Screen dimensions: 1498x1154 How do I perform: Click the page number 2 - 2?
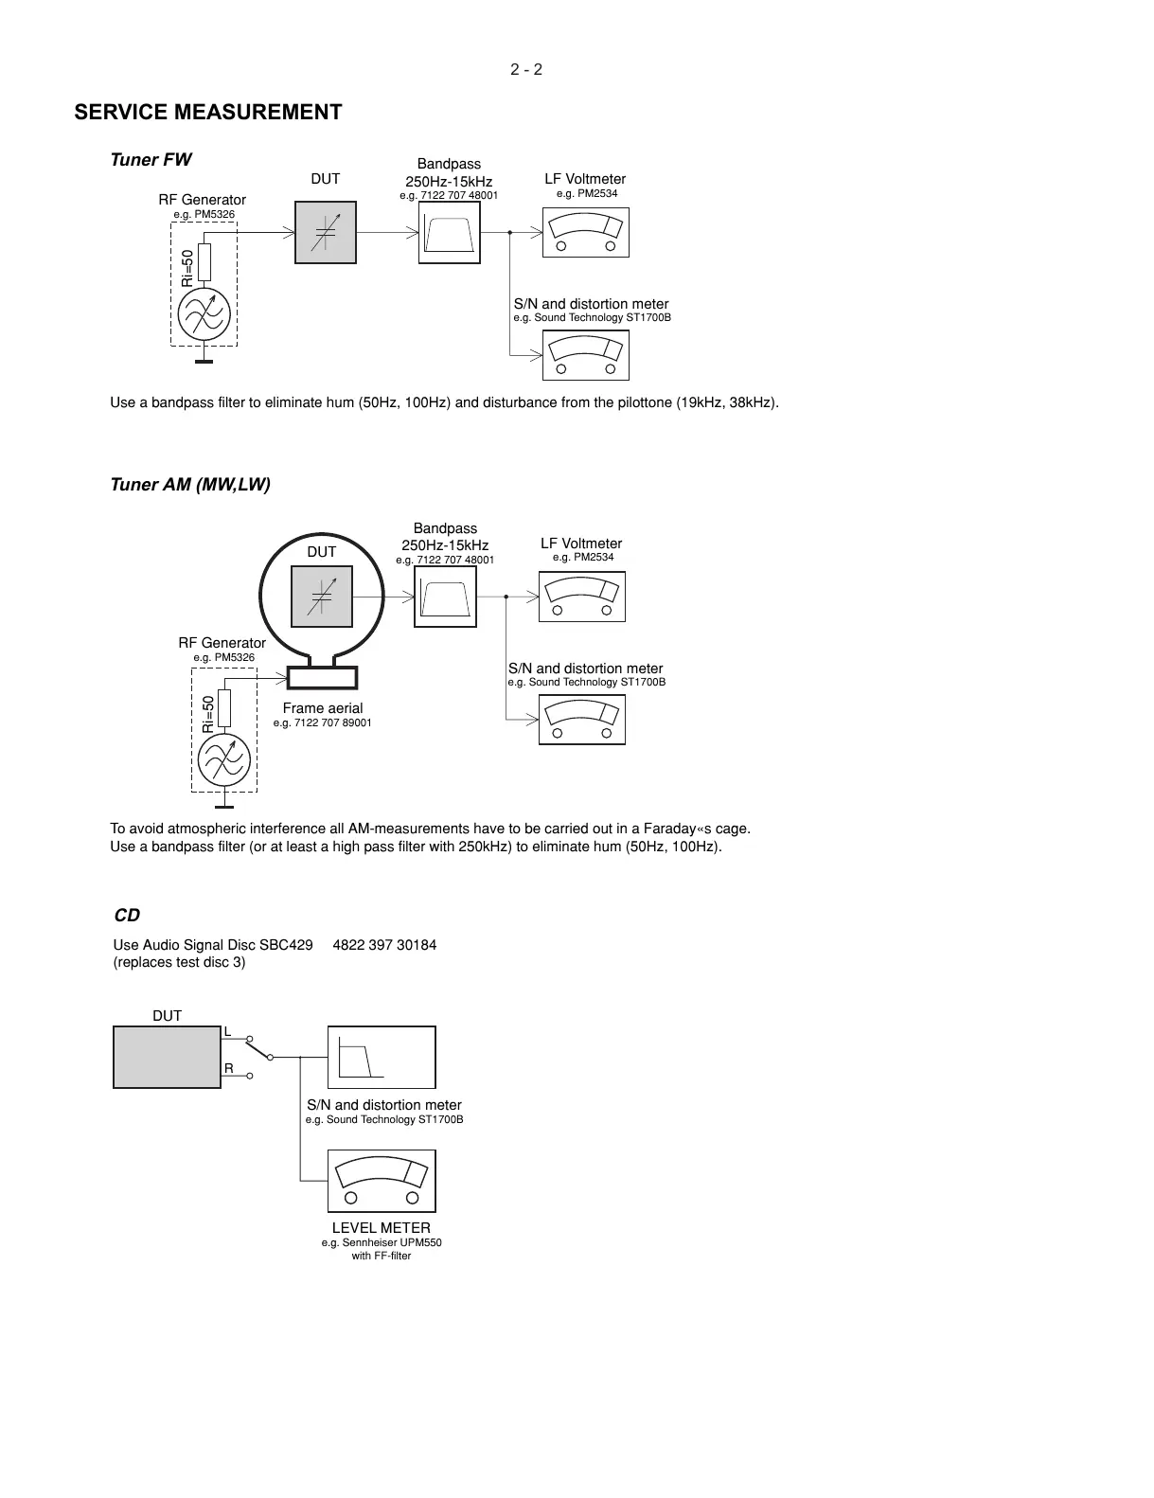point(526,69)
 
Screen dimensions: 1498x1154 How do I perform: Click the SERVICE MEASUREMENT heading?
point(208,112)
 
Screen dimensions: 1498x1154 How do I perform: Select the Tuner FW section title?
point(151,159)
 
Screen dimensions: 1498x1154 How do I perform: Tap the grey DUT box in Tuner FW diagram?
point(326,232)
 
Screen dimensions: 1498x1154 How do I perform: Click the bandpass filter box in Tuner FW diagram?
point(449,232)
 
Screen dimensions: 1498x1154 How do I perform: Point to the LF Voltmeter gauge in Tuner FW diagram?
point(585,232)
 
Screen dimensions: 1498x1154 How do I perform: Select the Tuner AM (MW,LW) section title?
point(190,484)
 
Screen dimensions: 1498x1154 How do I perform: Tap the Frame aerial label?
point(322,708)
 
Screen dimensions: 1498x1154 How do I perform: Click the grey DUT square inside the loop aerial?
point(321,597)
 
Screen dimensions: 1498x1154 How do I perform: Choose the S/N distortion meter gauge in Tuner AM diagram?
point(581,720)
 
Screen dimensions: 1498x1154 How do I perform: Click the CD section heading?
point(127,916)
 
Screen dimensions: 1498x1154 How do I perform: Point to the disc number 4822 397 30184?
point(384,945)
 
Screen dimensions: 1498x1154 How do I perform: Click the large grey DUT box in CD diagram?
point(167,1057)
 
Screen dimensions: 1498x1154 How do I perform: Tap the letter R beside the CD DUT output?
point(228,1068)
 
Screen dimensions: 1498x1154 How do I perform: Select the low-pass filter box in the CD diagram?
point(382,1057)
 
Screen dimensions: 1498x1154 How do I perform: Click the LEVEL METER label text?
point(381,1228)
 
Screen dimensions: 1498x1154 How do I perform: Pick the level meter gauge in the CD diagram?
point(382,1181)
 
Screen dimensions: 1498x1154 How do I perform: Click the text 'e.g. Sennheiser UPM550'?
point(382,1242)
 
